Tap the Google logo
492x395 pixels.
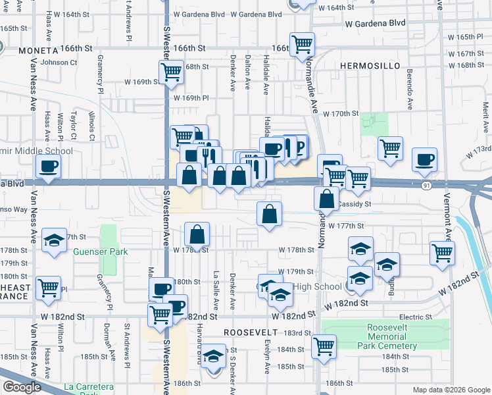pos(22,387)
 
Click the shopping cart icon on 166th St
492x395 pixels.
pos(302,45)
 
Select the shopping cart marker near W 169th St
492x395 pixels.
pos(171,72)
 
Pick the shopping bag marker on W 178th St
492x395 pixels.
pos(197,234)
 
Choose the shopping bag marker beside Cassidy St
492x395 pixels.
pos(327,198)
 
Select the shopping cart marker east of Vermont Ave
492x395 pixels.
pos(442,252)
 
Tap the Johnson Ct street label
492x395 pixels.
pos(59,63)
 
